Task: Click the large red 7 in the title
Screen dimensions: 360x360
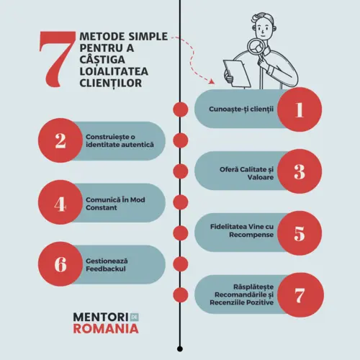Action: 57,59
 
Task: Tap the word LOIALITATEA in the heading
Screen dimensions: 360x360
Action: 114,71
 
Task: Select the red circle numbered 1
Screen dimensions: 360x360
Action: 300,109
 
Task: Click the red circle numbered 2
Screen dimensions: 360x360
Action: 60,140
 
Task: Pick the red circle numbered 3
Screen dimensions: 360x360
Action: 300,171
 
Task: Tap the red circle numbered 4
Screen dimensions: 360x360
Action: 60,202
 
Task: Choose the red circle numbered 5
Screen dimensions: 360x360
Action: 300,233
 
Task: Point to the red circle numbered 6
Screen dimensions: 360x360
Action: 60,264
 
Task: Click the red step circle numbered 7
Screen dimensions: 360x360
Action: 300,295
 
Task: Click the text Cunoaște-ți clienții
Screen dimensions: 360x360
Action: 241,109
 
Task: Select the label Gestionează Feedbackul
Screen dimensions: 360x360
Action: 107,265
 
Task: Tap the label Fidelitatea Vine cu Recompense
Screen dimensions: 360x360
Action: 242,230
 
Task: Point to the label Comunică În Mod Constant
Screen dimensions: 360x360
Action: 115,204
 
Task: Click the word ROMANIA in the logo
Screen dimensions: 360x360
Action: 106,328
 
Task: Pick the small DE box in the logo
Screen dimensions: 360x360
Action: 135,318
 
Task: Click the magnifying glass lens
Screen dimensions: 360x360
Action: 256,48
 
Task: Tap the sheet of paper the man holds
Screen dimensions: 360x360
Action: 237,73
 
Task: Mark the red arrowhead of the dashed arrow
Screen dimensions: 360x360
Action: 211,81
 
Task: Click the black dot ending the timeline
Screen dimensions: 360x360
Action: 180,348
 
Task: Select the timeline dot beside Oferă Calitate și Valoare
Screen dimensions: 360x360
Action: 181,171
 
